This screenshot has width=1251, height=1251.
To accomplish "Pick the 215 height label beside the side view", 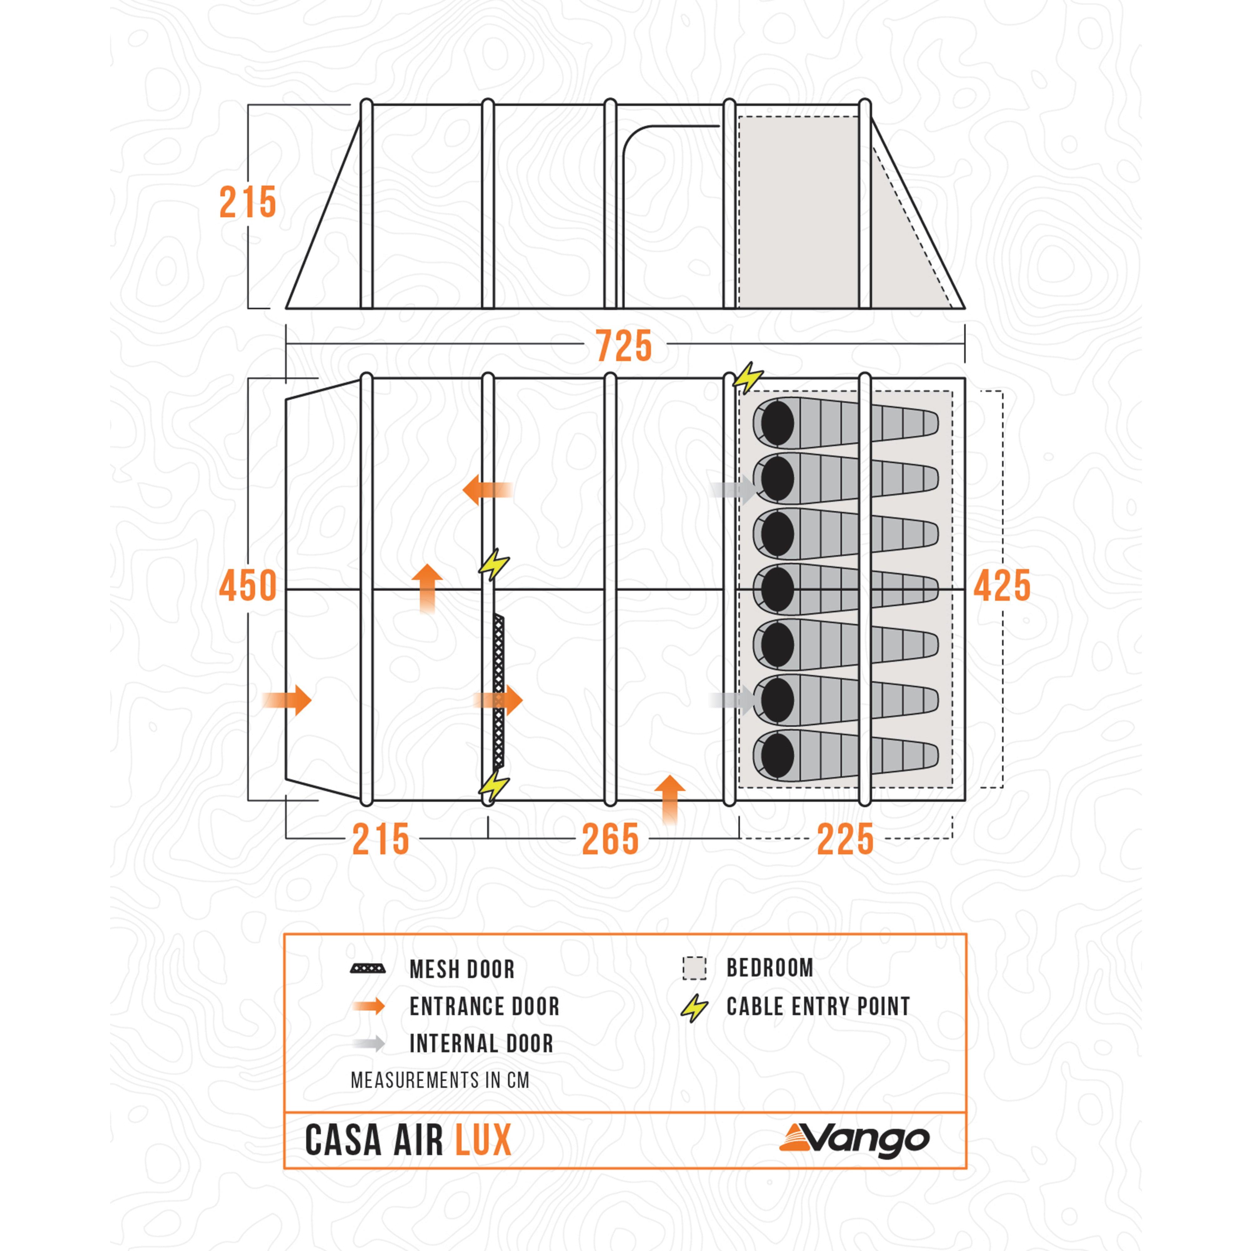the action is click(x=248, y=203).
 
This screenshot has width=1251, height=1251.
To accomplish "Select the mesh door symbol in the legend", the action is click(x=368, y=969).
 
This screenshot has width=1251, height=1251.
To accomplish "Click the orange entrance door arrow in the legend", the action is click(x=368, y=1006).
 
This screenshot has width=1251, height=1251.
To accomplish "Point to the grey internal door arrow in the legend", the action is click(x=368, y=1044).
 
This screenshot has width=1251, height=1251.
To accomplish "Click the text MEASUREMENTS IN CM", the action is click(x=440, y=1080).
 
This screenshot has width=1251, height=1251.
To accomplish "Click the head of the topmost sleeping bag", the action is click(x=776, y=423).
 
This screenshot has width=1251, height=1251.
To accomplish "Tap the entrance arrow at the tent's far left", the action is click(x=287, y=700).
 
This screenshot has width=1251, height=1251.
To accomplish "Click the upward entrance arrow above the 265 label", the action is click(x=670, y=800).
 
